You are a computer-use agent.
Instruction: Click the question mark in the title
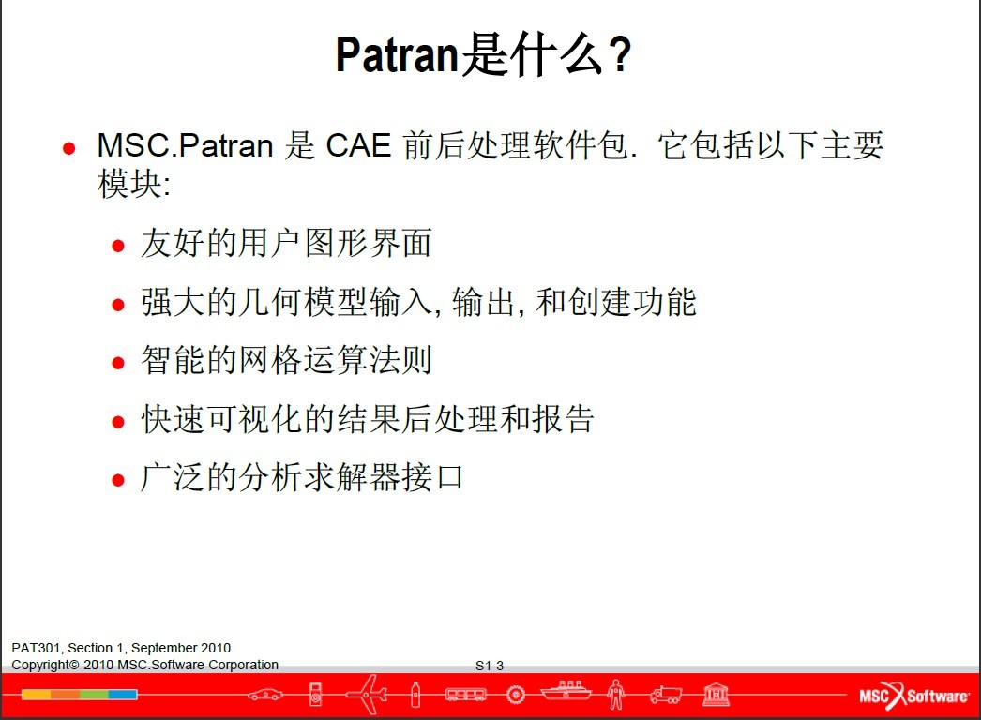[619, 54]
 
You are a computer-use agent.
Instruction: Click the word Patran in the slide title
[398, 54]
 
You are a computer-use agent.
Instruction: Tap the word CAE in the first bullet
[358, 145]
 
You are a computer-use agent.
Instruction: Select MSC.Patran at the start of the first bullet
[185, 145]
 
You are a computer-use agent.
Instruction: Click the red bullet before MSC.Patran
[68, 148]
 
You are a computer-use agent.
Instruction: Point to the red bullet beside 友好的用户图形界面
[117, 246]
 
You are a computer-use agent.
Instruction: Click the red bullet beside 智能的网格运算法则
[117, 363]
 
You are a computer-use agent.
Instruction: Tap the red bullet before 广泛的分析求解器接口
[117, 480]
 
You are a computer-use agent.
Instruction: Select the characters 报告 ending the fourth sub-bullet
[562, 418]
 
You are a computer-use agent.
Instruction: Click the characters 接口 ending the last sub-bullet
[431, 477]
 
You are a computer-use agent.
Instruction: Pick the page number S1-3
[490, 666]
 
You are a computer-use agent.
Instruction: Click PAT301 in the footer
[36, 648]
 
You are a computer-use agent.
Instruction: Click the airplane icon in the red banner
[368, 694]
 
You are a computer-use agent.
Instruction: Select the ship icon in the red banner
[566, 691]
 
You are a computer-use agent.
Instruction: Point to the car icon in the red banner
[265, 695]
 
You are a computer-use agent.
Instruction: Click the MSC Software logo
[914, 695]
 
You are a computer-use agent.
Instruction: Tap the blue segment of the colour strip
[123, 695]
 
